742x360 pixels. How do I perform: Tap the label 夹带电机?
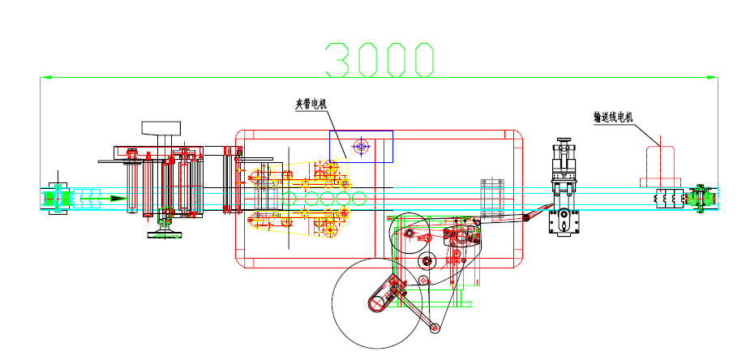[311, 104]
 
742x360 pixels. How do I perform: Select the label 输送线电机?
[612, 118]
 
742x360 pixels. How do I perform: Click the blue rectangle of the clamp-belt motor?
[361, 147]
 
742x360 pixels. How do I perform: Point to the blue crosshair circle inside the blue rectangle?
[361, 147]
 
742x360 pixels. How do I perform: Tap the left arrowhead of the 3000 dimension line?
[45, 77]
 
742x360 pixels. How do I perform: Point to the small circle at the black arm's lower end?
[435, 328]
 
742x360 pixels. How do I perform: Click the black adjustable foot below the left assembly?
[165, 234]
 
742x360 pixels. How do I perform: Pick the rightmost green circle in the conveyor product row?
[358, 198]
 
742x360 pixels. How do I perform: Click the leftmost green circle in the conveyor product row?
[290, 198]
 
